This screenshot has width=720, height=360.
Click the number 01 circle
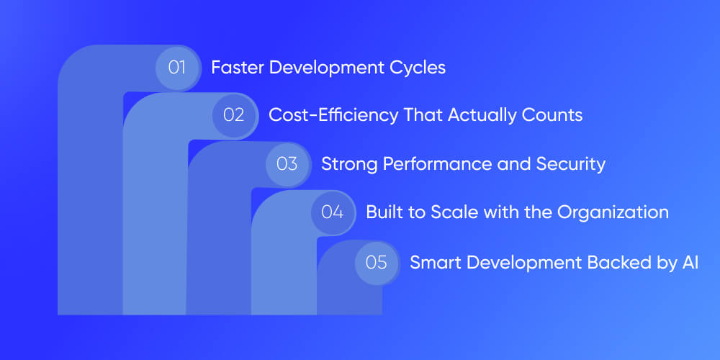178,68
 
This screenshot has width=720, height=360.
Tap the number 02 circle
234,115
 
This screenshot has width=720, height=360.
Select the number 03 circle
287,163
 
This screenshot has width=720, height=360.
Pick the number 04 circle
333,212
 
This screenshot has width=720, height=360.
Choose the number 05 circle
377,262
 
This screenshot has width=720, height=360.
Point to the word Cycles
420,68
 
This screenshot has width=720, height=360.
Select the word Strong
346,164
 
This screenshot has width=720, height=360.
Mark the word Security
571,164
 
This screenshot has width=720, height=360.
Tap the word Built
382,212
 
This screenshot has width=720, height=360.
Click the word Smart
432,262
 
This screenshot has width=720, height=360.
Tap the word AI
689,262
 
